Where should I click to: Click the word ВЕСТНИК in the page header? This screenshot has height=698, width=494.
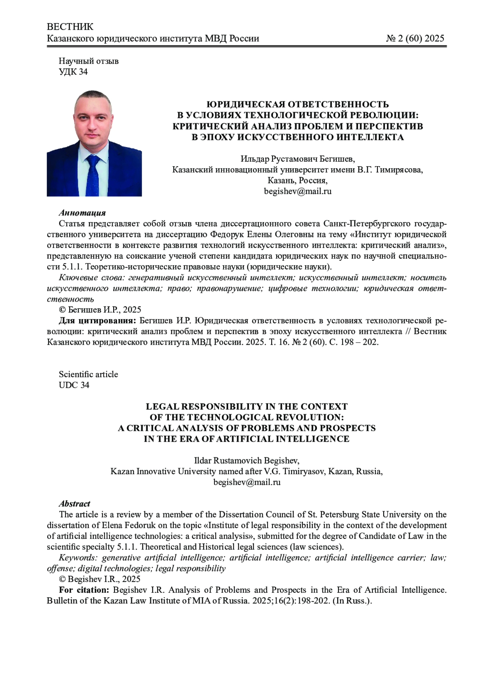coord(70,27)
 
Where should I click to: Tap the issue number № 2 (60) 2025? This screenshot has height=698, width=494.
coord(415,39)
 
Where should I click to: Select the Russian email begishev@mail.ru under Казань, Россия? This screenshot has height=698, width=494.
coord(298,191)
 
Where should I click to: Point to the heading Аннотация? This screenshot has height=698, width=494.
coord(82,213)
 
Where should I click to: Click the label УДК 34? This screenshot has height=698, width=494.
coord(73,72)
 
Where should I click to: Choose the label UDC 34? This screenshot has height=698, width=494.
coord(74,385)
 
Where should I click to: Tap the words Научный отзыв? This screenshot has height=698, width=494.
coord(89,61)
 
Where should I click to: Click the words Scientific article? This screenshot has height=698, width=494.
coord(89,375)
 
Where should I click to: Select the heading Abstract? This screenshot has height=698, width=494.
coord(75,504)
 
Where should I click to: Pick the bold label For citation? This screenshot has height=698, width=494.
coord(84,590)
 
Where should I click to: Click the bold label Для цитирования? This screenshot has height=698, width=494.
coord(97,321)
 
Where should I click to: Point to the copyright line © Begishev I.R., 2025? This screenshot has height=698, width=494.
coord(100,580)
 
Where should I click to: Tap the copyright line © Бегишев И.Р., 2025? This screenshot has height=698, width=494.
coord(100,310)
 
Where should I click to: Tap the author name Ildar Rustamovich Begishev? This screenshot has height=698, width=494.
coord(247,461)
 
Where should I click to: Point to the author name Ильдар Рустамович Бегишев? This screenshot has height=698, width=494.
coord(297,159)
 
